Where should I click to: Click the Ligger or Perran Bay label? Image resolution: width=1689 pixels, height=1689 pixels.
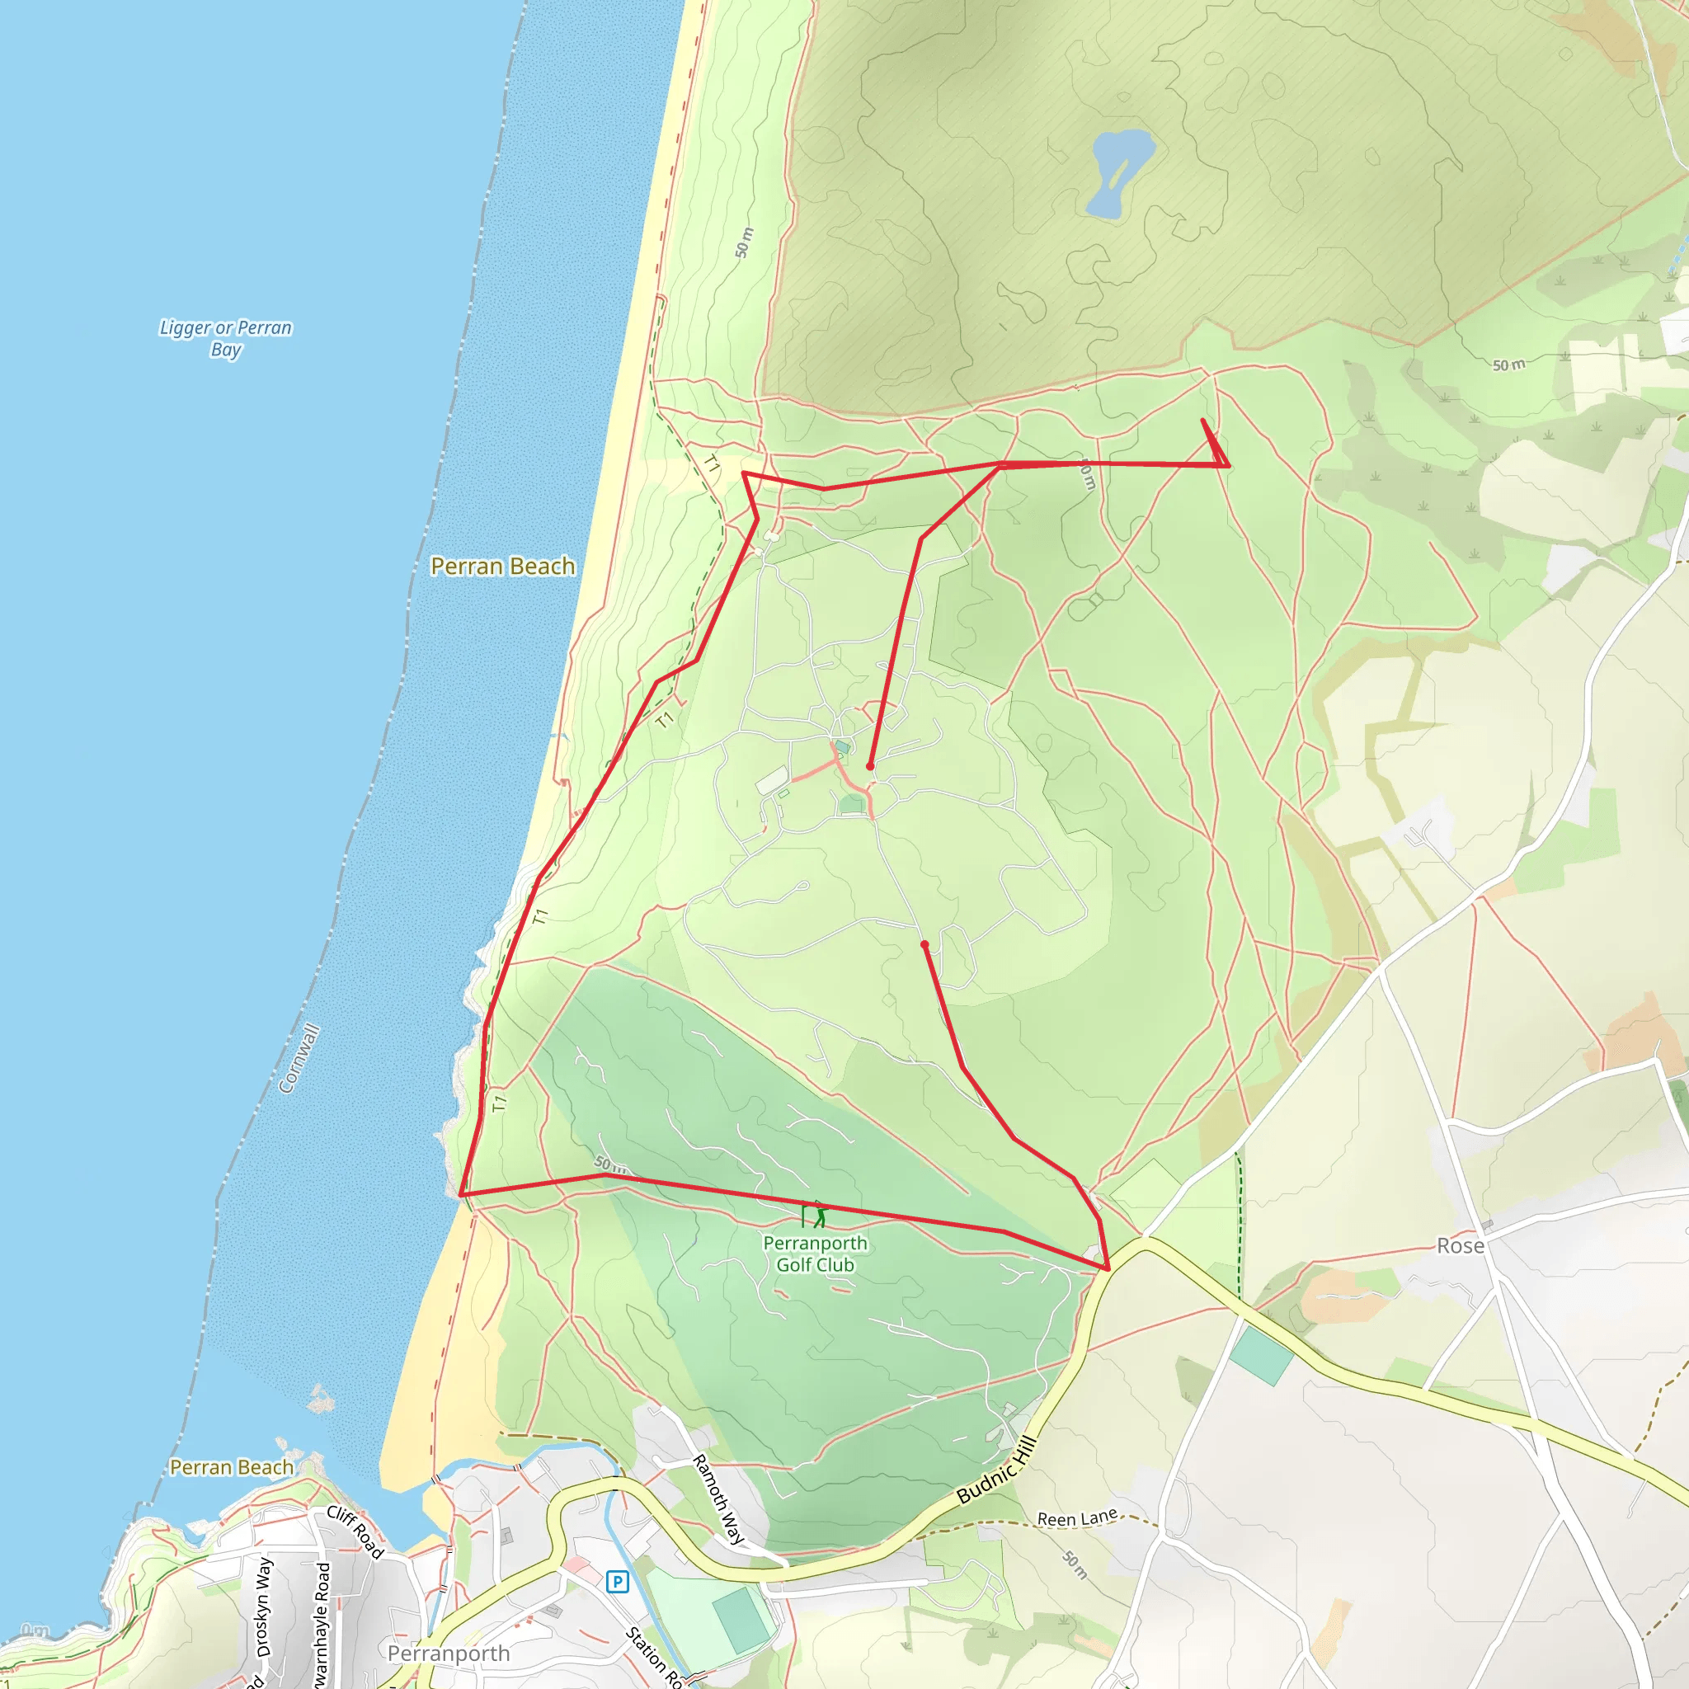point(225,338)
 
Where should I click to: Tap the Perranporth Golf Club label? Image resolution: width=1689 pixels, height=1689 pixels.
point(815,1254)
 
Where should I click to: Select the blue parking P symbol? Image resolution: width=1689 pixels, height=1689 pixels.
point(617,1581)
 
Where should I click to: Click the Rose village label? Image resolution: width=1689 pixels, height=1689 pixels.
point(1460,1246)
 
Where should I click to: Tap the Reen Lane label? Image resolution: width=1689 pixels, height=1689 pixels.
point(1077,1518)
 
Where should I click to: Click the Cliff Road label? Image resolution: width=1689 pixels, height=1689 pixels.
point(355,1531)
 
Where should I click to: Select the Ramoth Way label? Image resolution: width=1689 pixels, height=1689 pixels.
point(718,1498)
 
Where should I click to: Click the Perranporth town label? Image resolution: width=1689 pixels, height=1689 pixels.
point(449,1654)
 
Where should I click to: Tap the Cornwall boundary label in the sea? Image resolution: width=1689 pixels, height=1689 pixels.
point(299,1059)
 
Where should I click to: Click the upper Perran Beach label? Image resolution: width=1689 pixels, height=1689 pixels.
point(503,567)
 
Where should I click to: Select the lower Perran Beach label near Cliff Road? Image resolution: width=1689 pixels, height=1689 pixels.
point(232,1467)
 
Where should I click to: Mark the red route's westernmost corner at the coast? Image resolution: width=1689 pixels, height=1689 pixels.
point(461,1194)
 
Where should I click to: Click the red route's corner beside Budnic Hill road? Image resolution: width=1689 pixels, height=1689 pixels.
point(1108,1268)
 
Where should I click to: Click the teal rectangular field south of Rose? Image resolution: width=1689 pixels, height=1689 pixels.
point(1261,1355)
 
